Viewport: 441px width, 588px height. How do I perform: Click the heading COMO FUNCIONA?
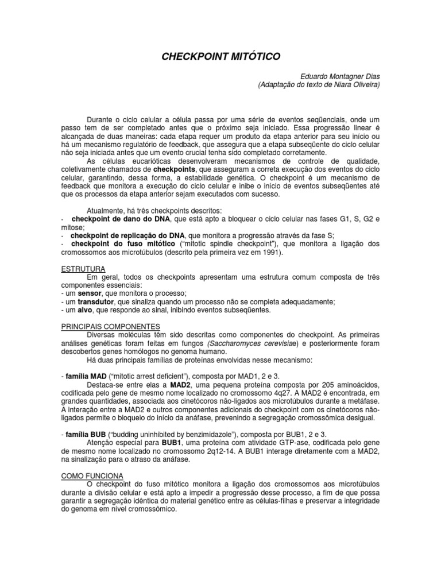coord(88,475)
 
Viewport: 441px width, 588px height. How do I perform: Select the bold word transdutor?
coord(94,301)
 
